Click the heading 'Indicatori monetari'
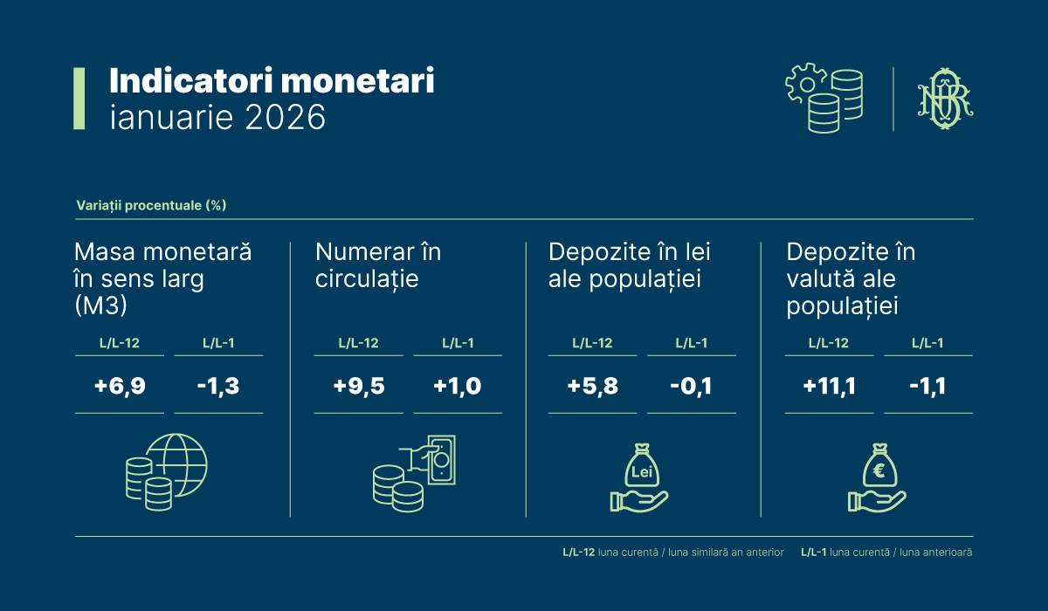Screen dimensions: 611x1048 tap(272, 81)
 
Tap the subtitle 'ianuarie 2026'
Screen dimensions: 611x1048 tap(217, 117)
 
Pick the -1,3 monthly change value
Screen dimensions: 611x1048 tap(218, 385)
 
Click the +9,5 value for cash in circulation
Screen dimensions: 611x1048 tap(358, 385)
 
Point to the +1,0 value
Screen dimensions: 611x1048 tap(458, 385)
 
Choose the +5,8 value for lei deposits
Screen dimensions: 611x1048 tap(592, 385)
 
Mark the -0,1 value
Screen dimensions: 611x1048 tap(691, 385)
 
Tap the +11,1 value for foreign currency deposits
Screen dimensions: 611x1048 tap(828, 385)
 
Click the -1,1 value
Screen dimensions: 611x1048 tap(927, 385)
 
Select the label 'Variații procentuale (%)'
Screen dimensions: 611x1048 tap(151, 206)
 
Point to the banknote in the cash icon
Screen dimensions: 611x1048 tap(441, 458)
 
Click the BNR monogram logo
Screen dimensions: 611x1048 tap(943, 99)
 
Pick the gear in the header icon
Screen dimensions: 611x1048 tap(803, 85)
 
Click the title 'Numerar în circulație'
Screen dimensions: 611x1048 tap(378, 265)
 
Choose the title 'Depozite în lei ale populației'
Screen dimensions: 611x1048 tap(629, 265)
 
